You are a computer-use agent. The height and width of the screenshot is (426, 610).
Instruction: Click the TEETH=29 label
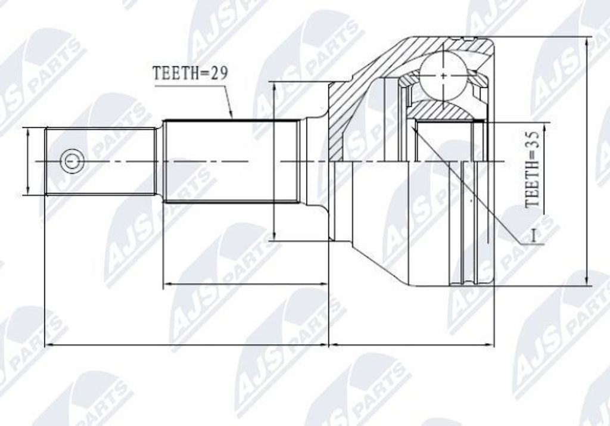190,73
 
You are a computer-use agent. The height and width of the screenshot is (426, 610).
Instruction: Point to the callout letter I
534,236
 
